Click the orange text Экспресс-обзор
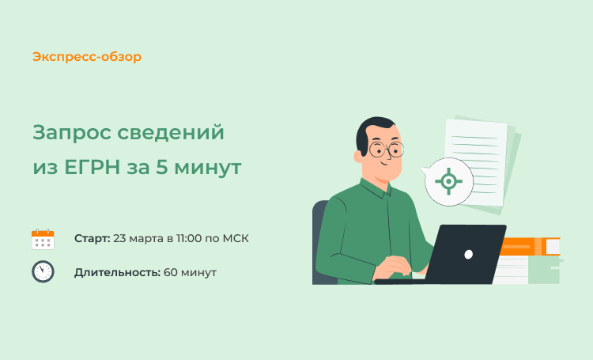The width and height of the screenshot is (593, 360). click(87, 57)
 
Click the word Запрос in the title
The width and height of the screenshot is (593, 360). click(72, 133)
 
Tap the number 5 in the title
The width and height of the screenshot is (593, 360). click(161, 167)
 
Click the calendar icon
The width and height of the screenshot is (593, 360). click(43, 239)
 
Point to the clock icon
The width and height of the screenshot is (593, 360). click(43, 271)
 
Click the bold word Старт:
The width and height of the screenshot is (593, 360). click(93, 238)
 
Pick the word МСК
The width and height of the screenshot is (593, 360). click(236, 238)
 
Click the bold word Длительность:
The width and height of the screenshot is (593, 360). click(117, 272)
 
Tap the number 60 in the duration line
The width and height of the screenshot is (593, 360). click(170, 272)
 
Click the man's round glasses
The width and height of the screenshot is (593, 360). click(386, 150)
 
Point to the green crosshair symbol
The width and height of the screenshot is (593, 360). click(448, 181)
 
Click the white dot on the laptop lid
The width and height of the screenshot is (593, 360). click(468, 255)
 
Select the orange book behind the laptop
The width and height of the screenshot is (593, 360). click(530, 246)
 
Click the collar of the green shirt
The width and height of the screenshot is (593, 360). click(376, 188)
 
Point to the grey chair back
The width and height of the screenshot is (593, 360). click(320, 242)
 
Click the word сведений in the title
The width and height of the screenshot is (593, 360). click(171, 133)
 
